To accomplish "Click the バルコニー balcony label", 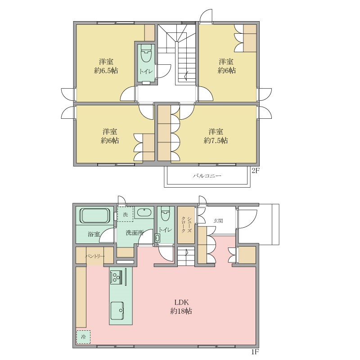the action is (x=207, y=176).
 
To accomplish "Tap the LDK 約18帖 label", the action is (x=181, y=306).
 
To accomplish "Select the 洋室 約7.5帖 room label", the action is (x=216, y=136).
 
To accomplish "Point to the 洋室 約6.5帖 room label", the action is (x=106, y=66).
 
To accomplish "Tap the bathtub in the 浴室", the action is (x=94, y=216).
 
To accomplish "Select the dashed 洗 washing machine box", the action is (x=126, y=214).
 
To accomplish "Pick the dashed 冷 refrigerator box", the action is (x=83, y=337).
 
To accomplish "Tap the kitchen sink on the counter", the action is (x=117, y=310).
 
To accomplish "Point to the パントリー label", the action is (x=95, y=256).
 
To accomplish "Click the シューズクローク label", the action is (x=186, y=225).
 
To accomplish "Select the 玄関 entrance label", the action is (x=218, y=221).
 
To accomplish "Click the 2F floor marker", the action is (x=255, y=171).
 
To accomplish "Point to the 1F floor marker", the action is (x=255, y=351).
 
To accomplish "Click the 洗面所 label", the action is (x=135, y=233).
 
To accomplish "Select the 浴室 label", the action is (x=94, y=234).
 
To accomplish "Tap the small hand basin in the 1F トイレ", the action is (x=157, y=238).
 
